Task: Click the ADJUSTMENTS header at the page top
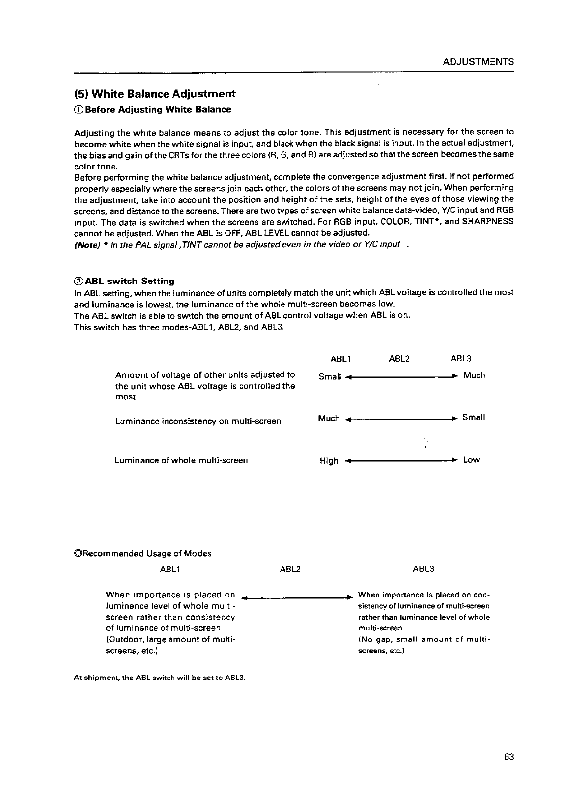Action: point(478,62)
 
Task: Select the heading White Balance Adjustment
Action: point(155,94)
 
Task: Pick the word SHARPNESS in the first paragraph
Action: point(487,221)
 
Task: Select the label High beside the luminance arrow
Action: point(329,461)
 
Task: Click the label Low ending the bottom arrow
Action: point(471,460)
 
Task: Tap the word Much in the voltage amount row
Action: point(474,376)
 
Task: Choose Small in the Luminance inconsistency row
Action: point(473,418)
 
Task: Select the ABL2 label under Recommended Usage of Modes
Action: point(290,569)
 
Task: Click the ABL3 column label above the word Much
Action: point(461,358)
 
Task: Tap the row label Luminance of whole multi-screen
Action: point(181,460)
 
